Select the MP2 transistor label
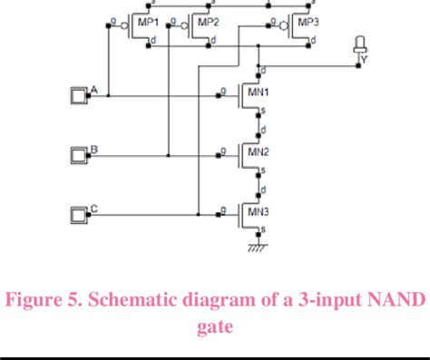tap(208, 22)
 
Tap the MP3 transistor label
tap(308, 22)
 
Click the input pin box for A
tap(78, 94)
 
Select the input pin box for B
tap(78, 154)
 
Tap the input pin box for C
tap(78, 215)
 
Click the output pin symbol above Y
tap(360, 46)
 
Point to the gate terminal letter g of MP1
tap(112, 17)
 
